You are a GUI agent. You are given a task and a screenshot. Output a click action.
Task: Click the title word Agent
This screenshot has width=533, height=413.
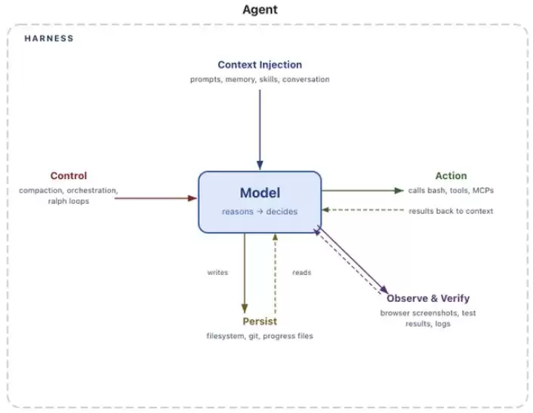point(260,10)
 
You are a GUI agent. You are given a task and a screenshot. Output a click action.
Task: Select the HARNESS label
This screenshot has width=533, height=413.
point(49,39)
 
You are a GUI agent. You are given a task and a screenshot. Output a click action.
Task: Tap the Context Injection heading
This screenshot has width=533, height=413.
point(260,65)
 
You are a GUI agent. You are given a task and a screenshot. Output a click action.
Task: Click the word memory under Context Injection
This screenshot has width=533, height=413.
point(240,79)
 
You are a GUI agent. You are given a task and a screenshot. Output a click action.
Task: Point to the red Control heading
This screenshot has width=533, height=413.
point(69,176)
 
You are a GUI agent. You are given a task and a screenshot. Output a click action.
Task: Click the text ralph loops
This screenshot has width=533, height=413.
point(69,201)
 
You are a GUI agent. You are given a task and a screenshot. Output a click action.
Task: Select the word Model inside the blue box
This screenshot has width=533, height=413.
point(260,193)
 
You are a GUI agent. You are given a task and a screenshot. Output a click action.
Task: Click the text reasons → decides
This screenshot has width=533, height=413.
point(260,211)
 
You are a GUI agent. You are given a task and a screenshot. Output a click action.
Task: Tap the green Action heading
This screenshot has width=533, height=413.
point(451,176)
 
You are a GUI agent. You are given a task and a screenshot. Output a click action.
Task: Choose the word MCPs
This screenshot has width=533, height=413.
point(483,190)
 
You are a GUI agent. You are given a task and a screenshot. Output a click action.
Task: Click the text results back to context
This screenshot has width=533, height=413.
point(451,211)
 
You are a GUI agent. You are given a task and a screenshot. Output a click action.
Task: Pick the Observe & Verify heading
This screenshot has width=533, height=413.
point(428,298)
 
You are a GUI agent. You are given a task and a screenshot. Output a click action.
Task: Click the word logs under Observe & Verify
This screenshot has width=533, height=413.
point(442,324)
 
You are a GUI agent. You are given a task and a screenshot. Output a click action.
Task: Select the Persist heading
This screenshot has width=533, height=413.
point(260,321)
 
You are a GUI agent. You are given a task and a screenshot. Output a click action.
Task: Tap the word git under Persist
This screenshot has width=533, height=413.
point(254,336)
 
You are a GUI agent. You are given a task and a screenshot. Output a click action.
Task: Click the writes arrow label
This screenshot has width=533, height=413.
point(217,273)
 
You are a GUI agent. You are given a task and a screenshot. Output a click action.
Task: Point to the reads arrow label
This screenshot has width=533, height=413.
point(301,273)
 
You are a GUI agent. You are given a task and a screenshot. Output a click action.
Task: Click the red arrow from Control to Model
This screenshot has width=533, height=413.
point(156,198)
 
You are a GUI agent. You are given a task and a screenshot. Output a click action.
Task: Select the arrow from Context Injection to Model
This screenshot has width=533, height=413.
point(260,130)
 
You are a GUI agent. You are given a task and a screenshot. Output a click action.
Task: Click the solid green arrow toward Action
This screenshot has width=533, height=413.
point(362,191)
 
